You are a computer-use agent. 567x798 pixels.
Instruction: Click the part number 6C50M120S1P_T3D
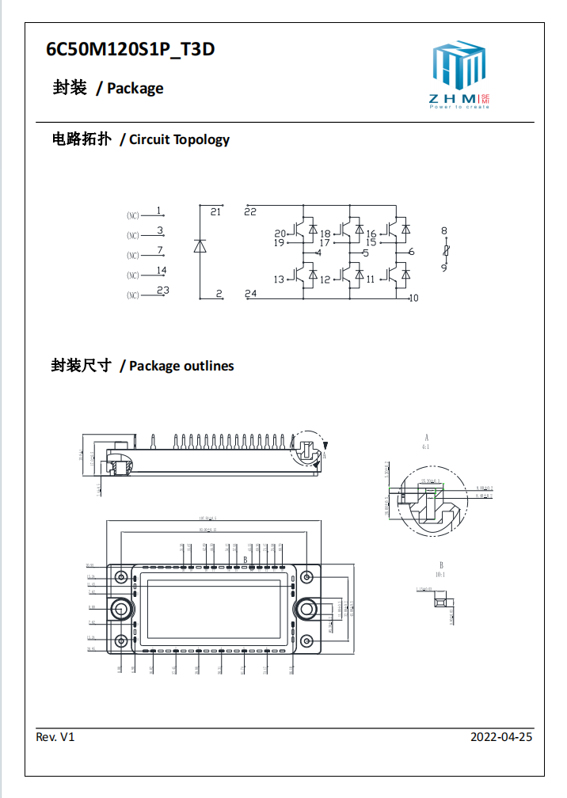pos(131,50)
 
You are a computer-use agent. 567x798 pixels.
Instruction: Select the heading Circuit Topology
pos(179,139)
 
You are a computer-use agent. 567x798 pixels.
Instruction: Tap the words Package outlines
pos(181,366)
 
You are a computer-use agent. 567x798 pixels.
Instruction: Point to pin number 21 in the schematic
pos(215,212)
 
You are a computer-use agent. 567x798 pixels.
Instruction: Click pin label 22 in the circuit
pos(250,211)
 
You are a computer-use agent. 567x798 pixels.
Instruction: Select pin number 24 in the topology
pos(251,294)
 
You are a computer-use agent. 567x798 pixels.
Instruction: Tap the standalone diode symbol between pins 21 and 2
pos(200,246)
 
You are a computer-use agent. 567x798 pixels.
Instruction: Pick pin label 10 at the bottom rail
pos(413,298)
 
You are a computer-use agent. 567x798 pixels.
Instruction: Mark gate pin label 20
pos(280,234)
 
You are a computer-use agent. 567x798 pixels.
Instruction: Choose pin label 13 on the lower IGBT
pos(279,279)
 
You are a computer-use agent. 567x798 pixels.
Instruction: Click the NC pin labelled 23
pos(162,291)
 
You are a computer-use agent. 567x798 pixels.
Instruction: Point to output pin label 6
pos(412,253)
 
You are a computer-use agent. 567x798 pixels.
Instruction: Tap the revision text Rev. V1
pos(55,737)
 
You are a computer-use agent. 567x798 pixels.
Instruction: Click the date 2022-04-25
pos(501,737)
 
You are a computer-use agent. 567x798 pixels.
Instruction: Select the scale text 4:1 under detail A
pos(426,446)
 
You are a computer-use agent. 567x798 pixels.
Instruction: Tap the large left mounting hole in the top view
pos(120,608)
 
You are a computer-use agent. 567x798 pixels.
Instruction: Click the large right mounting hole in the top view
pos(305,608)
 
